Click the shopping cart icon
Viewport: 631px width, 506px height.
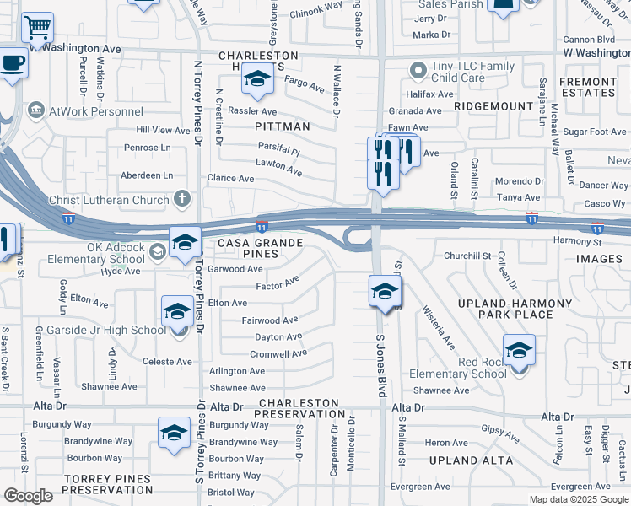pyautogui.click(x=37, y=28)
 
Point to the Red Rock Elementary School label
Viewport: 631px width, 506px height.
pyautogui.click(x=457, y=368)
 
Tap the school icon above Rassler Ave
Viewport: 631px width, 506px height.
pyautogui.click(x=258, y=78)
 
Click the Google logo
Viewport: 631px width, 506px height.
pyautogui.click(x=28, y=496)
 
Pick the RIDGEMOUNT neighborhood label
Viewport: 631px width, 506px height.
pyautogui.click(x=490, y=107)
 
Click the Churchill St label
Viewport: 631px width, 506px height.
pyautogui.click(x=467, y=256)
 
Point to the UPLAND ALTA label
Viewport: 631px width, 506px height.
pyautogui.click(x=471, y=460)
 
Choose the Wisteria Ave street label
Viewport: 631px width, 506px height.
pyautogui.click(x=438, y=327)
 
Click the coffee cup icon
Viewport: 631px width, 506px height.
pyautogui.click(x=12, y=63)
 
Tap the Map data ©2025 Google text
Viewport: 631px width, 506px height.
pyautogui.click(x=579, y=499)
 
